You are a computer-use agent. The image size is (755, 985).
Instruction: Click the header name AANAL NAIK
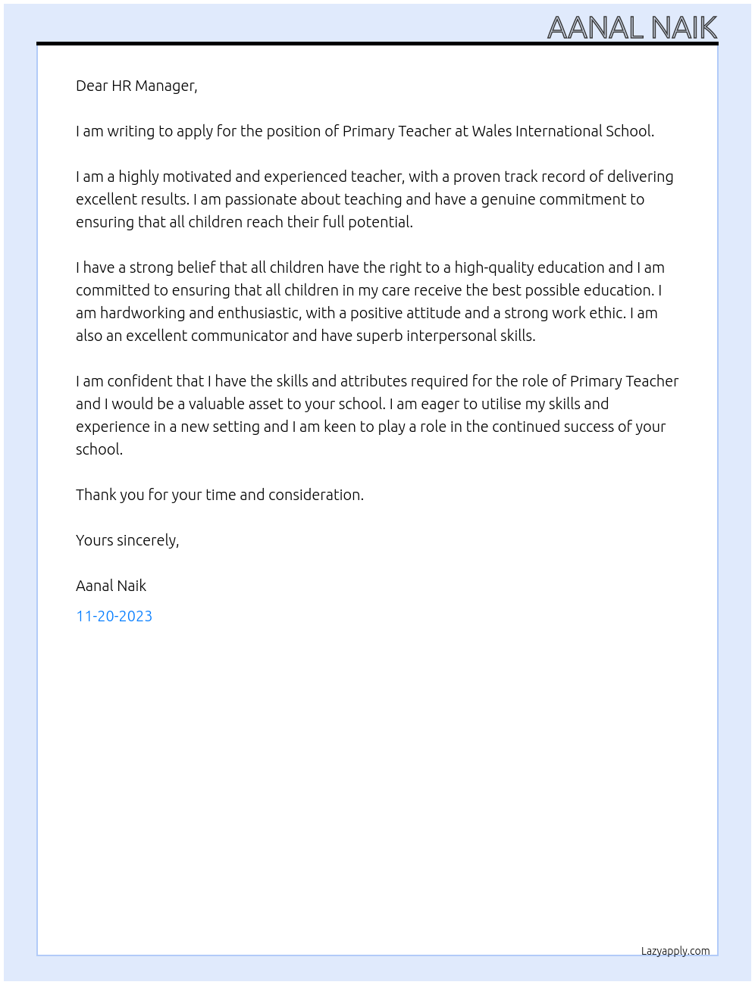coord(631,28)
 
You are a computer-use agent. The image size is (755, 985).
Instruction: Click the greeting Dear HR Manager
coord(136,86)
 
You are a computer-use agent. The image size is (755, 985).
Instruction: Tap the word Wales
coord(492,131)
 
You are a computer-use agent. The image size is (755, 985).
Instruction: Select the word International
coord(559,131)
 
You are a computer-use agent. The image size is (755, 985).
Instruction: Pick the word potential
coord(380,222)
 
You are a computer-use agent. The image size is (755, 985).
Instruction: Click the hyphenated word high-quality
coord(493,267)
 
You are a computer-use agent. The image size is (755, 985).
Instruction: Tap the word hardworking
coord(143,313)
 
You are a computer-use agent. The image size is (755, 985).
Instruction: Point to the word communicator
coord(240,336)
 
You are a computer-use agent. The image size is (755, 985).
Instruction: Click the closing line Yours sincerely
coord(127,540)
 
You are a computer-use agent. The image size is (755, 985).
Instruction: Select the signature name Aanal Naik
coord(111,586)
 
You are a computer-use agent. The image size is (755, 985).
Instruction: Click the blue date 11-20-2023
coord(114,616)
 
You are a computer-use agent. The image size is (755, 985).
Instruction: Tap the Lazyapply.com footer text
coord(675,951)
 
